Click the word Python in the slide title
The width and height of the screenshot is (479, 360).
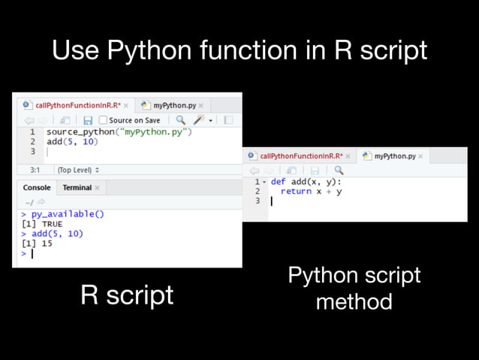click(x=149, y=51)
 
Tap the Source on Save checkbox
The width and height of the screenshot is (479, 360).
click(x=103, y=120)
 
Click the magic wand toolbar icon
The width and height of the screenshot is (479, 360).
click(x=199, y=120)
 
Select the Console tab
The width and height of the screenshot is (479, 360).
click(x=37, y=187)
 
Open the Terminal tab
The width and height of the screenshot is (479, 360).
click(x=77, y=187)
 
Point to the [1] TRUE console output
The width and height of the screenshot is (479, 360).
click(x=41, y=224)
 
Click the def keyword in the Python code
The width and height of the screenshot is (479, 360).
click(x=278, y=182)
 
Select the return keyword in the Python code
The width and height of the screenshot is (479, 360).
click(x=296, y=192)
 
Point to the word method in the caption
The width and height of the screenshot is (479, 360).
click(x=354, y=302)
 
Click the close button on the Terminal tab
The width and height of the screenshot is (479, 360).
click(x=98, y=188)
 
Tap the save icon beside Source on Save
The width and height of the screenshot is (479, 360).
click(x=88, y=120)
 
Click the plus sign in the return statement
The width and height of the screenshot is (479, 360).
click(x=327, y=192)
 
